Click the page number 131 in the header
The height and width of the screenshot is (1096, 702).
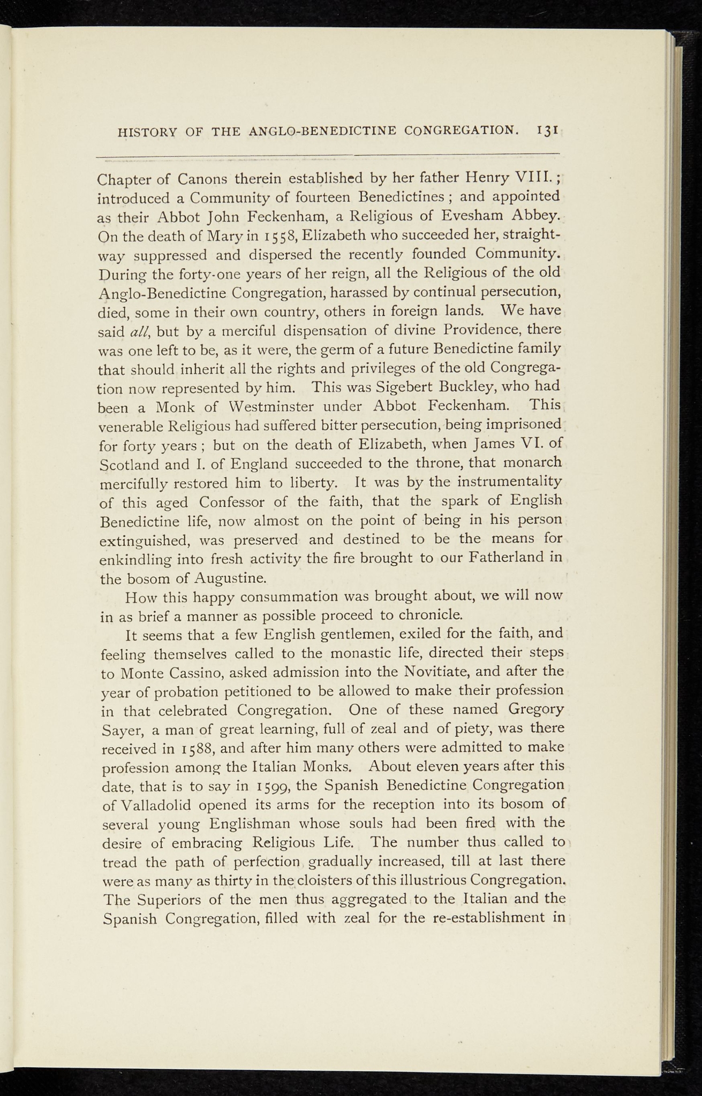tap(548, 130)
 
